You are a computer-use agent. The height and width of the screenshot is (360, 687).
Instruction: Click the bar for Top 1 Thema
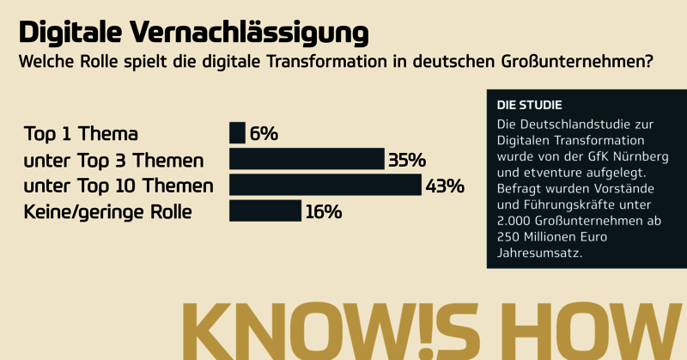pyautogui.click(x=237, y=133)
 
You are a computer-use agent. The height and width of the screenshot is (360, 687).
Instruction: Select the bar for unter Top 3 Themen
pyautogui.click(x=307, y=159)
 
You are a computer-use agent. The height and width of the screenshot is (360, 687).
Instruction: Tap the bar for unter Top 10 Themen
pyautogui.click(x=325, y=185)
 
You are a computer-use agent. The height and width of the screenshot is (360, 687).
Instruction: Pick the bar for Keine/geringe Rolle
pyautogui.click(x=265, y=211)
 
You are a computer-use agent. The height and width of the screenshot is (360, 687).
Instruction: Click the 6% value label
pyautogui.click(x=264, y=134)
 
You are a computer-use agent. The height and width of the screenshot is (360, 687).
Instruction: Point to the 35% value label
pyautogui.click(x=406, y=160)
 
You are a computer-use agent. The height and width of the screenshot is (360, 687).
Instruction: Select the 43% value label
pyautogui.click(x=445, y=186)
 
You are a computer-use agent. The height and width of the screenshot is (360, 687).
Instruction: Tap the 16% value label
pyautogui.click(x=323, y=211)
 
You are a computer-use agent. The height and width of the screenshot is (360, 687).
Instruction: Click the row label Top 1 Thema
pyautogui.click(x=81, y=134)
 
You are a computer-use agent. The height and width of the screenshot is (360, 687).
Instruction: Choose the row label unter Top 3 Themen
pyautogui.click(x=114, y=160)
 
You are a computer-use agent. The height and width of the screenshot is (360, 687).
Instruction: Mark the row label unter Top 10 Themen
pyautogui.click(x=119, y=186)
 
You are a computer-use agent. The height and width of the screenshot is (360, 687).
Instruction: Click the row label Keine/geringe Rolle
pyautogui.click(x=107, y=211)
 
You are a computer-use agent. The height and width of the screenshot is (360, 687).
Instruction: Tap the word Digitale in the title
pyautogui.click(x=71, y=32)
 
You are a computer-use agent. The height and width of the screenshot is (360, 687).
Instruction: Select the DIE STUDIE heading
pyautogui.click(x=530, y=105)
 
